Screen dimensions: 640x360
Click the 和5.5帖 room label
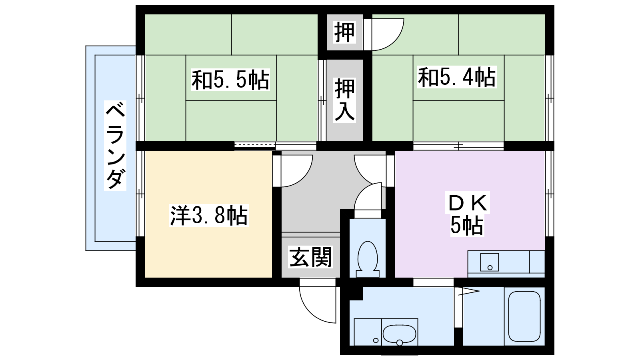click(x=230, y=80)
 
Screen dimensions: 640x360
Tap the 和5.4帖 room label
click(x=457, y=77)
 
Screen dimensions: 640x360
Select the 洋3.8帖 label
click(x=209, y=216)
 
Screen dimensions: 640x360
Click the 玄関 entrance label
click(x=310, y=257)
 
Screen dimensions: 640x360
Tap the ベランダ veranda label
click(x=115, y=146)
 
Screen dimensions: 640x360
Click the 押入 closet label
click(x=345, y=100)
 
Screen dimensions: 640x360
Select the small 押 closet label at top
click(x=344, y=32)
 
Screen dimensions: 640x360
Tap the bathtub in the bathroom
click(x=524, y=316)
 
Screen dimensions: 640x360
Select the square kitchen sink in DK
click(x=490, y=262)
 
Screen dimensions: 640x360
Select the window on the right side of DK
click(x=550, y=194)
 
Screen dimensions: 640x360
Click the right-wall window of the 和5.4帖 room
click(x=550, y=98)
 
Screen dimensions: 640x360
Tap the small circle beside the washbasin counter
click(x=376, y=340)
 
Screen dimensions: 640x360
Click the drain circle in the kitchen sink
click(x=490, y=268)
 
